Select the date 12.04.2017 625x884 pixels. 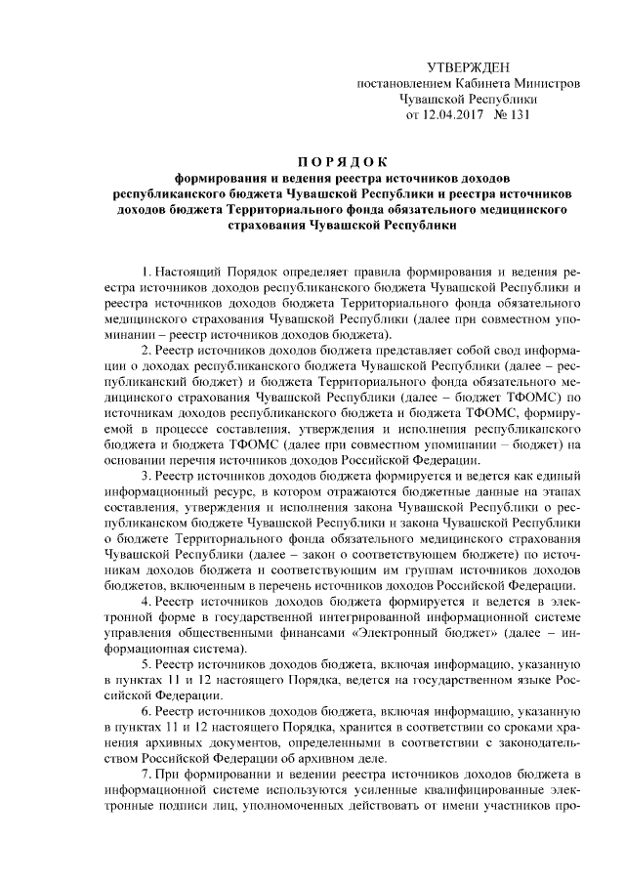[x=456, y=114]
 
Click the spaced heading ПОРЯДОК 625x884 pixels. [x=342, y=161]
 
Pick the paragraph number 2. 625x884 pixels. [x=145, y=350]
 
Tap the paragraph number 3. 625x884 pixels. [x=145, y=476]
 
